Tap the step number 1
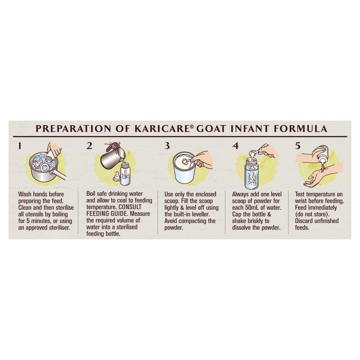[20, 146]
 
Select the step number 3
[167, 146]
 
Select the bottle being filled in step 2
[125, 173]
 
